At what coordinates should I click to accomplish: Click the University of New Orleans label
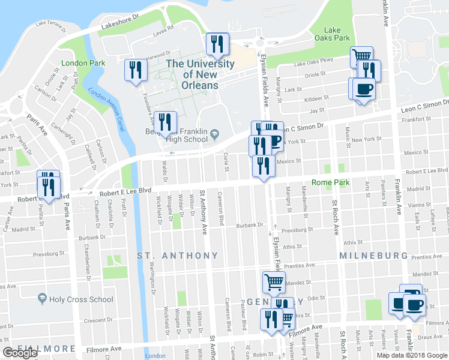(x=200, y=74)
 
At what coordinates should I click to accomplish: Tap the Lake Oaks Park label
(x=337, y=34)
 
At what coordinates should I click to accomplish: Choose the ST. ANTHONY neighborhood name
(x=178, y=256)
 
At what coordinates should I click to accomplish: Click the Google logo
(x=20, y=353)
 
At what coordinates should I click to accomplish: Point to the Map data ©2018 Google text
(x=412, y=355)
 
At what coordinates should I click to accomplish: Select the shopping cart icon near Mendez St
(x=274, y=281)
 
